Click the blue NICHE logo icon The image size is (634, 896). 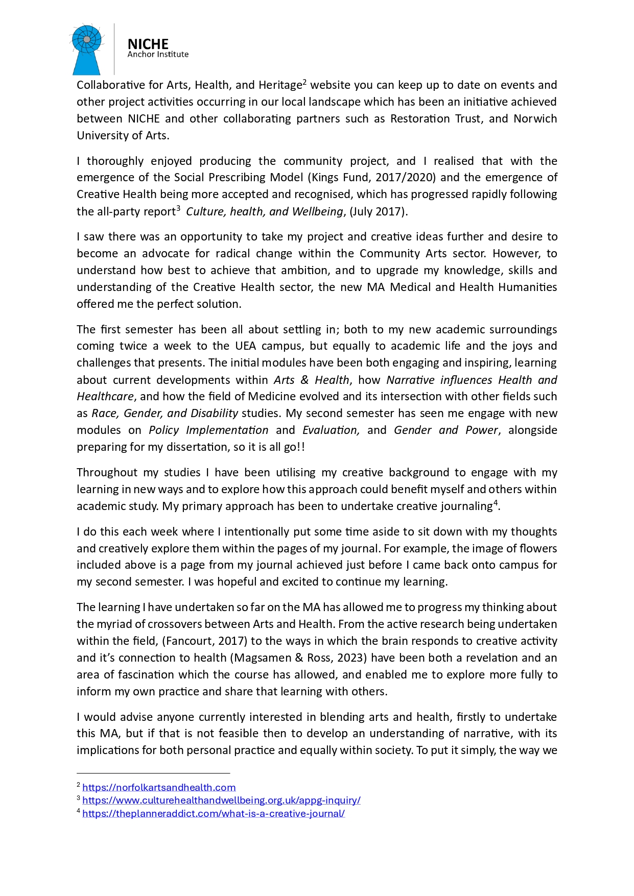pyautogui.click(x=87, y=50)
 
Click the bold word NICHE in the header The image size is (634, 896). pyautogui.click(x=148, y=44)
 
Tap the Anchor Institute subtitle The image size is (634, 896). pyautogui.click(x=158, y=55)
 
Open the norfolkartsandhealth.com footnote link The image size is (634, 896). pyautogui.click(x=159, y=788)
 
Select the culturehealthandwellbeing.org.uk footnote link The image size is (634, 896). pyautogui.click(x=221, y=801)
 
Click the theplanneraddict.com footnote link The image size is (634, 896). pyautogui.click(x=214, y=814)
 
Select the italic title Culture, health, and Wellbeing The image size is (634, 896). pyautogui.click(x=264, y=212)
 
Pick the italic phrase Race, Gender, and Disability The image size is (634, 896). pyautogui.click(x=165, y=414)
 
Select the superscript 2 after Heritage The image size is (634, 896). pyautogui.click(x=304, y=82)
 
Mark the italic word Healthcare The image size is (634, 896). pyautogui.click(x=105, y=397)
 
